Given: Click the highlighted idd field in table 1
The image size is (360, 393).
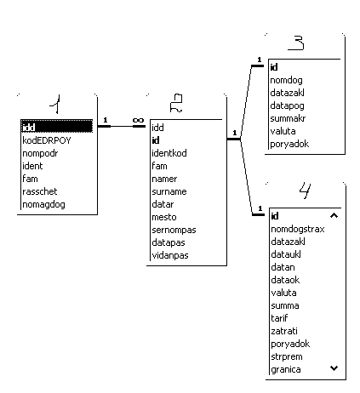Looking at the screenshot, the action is (57, 127).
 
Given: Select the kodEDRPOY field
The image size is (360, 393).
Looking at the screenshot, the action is (47, 140).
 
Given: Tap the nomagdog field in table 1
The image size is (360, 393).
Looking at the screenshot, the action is (43, 204).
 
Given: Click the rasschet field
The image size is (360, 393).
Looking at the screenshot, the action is (40, 191).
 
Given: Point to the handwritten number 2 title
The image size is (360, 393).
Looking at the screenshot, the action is (176, 103).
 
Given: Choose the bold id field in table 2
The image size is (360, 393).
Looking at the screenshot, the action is (156, 140).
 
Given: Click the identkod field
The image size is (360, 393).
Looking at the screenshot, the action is (169, 153).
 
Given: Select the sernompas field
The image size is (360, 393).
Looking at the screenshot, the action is (174, 230).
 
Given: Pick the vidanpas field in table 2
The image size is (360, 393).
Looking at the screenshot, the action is (170, 255).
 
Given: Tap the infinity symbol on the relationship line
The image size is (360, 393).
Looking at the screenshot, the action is (138, 120).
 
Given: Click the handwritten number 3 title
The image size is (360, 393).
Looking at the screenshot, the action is (296, 43).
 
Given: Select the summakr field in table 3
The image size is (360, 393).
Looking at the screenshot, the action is (288, 118).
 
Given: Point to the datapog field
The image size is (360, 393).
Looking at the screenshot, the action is (287, 105).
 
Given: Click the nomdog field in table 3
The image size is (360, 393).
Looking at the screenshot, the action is (286, 80).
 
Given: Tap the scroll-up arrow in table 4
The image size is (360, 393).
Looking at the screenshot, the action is (334, 216).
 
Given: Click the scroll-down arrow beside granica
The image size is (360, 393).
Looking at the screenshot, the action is (334, 368).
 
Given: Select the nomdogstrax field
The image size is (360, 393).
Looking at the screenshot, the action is (298, 229).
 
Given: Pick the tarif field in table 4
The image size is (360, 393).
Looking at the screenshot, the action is (279, 318).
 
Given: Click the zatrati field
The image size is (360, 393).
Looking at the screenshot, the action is (284, 331).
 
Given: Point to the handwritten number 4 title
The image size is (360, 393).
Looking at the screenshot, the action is (305, 191).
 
